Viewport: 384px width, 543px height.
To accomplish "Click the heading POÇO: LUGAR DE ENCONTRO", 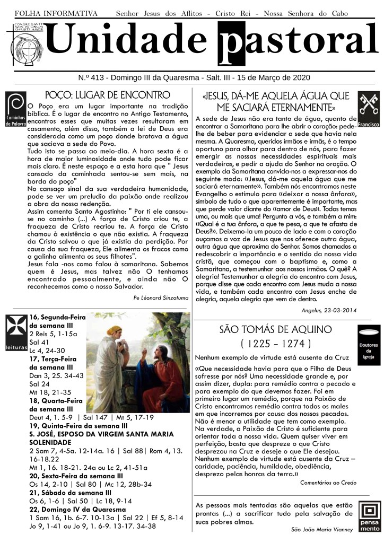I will (x=108, y=95).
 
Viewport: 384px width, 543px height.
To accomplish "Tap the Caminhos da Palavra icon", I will (x=15, y=109).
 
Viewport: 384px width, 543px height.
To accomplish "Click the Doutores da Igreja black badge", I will (x=368, y=343).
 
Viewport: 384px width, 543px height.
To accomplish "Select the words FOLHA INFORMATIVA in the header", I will (x=56, y=13).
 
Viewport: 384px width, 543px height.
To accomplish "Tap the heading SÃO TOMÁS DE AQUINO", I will (x=275, y=329).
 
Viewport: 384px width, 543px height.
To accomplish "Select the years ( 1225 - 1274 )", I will (x=275, y=343).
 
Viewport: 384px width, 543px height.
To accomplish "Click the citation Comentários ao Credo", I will (x=328, y=483).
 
